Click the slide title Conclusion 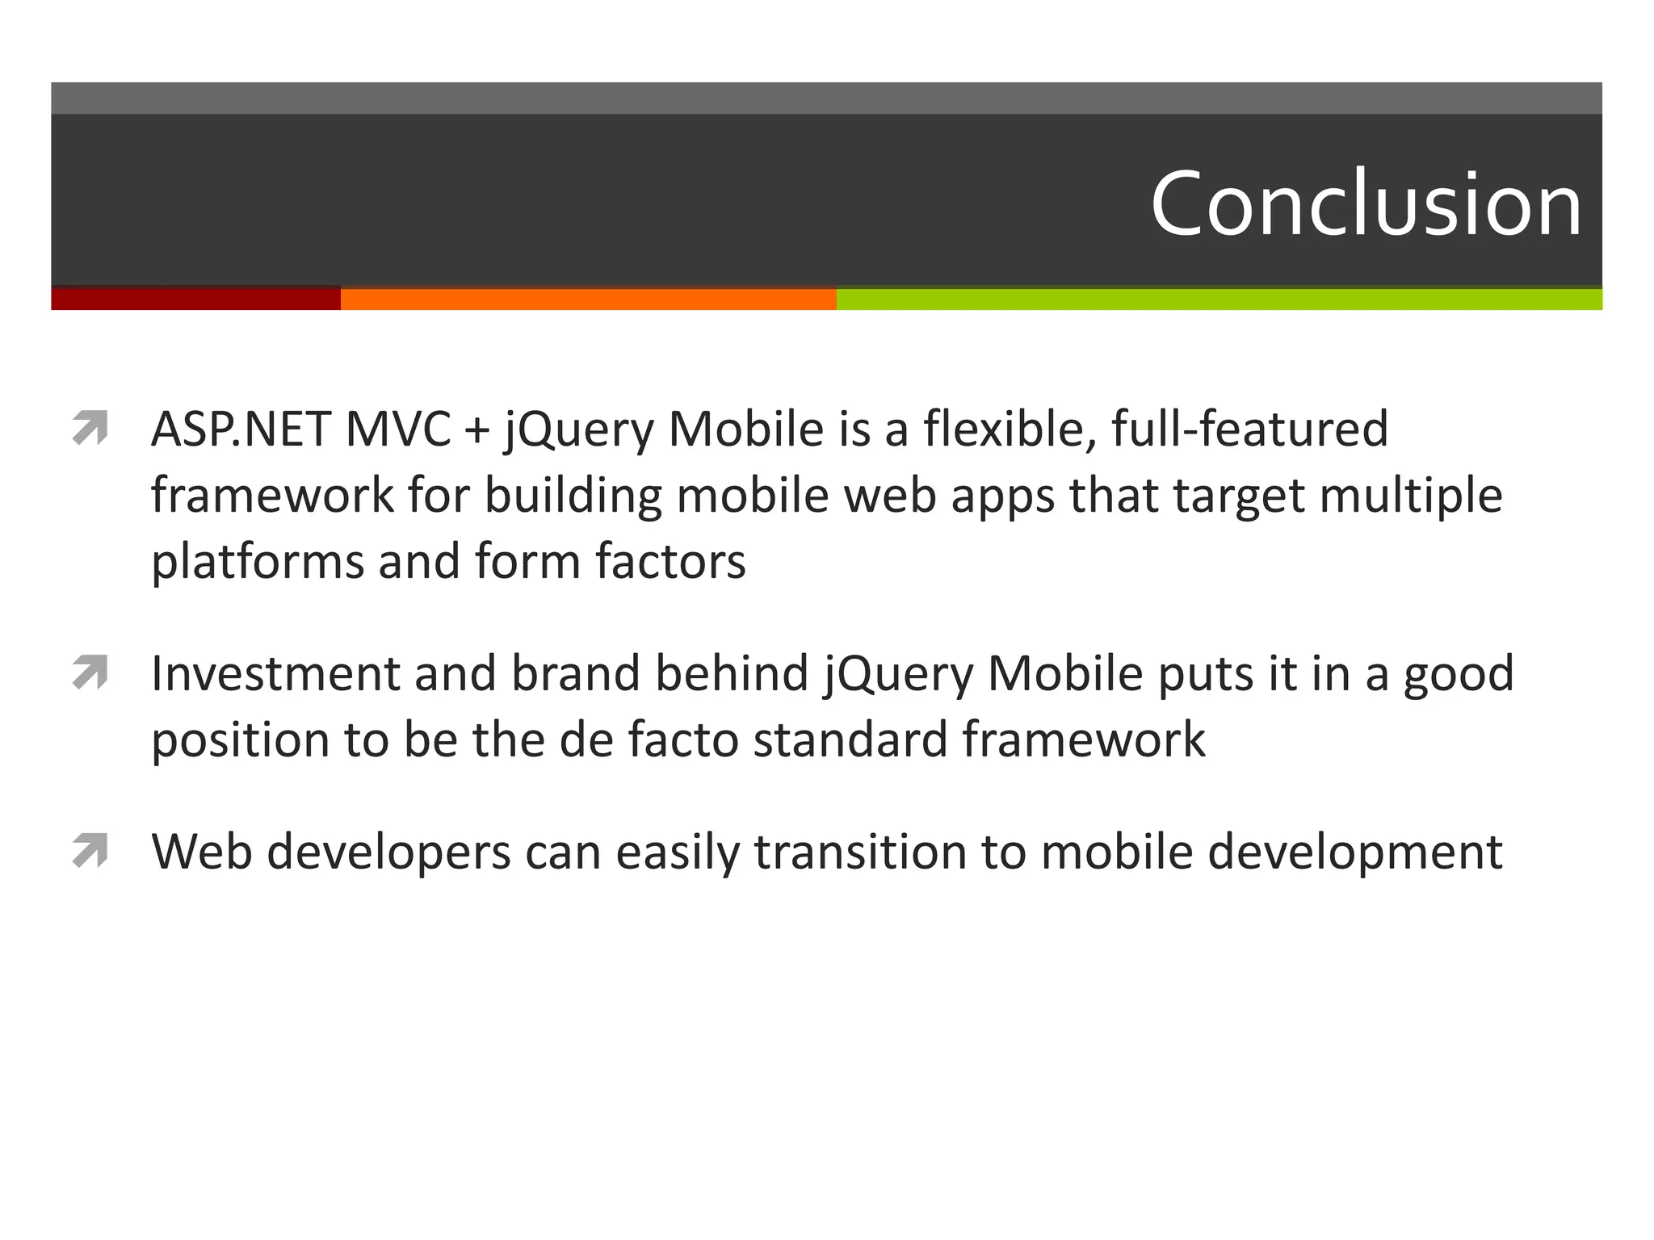pos(1365,204)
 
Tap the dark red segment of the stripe pos(195,299)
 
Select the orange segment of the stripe pos(588,299)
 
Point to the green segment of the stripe pos(1219,299)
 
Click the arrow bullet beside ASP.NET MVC pos(90,428)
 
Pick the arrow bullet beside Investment pos(90,672)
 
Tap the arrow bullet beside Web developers pos(90,851)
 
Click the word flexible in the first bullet pos(1010,429)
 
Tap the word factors pos(670,560)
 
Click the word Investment pos(275,673)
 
